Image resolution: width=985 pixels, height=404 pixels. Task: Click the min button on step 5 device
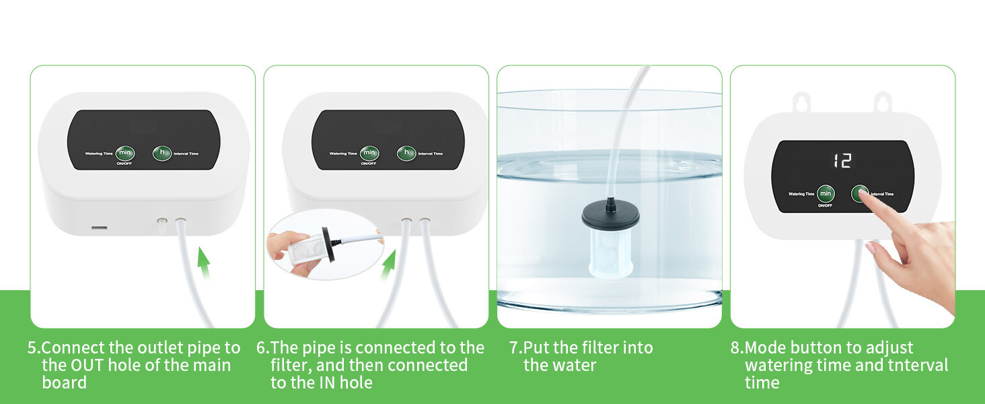(125, 153)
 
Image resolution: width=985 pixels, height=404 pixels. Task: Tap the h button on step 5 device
(162, 153)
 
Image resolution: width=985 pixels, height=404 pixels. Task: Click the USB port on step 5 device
(99, 228)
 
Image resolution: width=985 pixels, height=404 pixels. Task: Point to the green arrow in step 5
(203, 263)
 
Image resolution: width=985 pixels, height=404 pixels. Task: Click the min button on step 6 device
(369, 153)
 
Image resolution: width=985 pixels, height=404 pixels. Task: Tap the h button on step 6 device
(406, 153)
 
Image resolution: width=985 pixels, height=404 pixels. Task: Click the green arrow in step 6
(388, 265)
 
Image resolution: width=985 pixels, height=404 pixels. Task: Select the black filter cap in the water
(610, 215)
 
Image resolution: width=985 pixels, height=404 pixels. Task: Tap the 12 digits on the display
(842, 161)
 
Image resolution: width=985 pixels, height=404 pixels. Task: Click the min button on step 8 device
(826, 194)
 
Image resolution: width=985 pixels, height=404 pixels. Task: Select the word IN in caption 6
(328, 383)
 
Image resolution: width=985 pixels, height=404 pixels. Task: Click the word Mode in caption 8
(765, 347)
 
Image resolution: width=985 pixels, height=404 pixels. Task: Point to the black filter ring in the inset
(328, 244)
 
